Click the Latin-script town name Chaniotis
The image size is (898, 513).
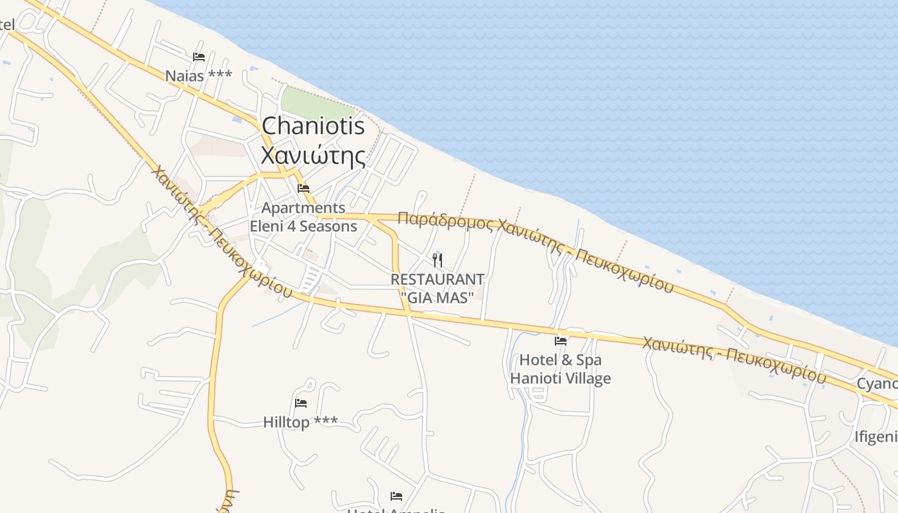pyautogui.click(x=313, y=126)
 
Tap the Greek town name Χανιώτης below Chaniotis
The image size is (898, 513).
pyautogui.click(x=313, y=156)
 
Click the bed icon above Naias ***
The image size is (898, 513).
pyautogui.click(x=199, y=57)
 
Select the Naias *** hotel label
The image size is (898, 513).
pyautogui.click(x=199, y=76)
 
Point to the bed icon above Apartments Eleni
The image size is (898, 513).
pyautogui.click(x=303, y=189)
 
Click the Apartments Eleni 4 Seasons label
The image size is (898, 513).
pyautogui.click(x=303, y=217)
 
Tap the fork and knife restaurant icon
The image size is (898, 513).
pyautogui.click(x=437, y=260)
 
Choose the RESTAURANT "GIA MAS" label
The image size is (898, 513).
pyautogui.click(x=437, y=288)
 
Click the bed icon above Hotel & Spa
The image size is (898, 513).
pyautogui.click(x=561, y=341)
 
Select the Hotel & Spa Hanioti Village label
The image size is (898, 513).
pyautogui.click(x=561, y=369)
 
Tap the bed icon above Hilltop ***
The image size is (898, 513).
pyautogui.click(x=300, y=403)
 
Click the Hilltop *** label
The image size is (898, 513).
pyautogui.click(x=300, y=422)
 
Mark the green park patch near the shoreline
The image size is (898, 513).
pyautogui.click(x=314, y=103)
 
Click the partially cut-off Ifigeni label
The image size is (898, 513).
pyautogui.click(x=876, y=437)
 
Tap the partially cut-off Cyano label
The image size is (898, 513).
pyautogui.click(x=878, y=383)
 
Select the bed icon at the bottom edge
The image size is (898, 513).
pyautogui.click(x=396, y=496)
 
